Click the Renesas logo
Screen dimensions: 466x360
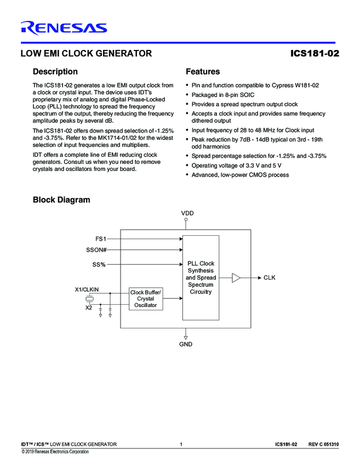click(x=64, y=28)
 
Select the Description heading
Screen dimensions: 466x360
click(x=55, y=72)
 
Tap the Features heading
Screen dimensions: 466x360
click(x=203, y=72)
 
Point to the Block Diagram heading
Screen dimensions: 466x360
click(x=61, y=200)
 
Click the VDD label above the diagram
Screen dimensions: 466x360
click(x=187, y=213)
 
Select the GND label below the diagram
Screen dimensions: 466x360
click(x=186, y=344)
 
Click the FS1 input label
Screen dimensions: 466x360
click(x=101, y=239)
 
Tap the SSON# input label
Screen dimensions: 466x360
click(x=96, y=251)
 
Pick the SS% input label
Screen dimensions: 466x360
click(x=99, y=265)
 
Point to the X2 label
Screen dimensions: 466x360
click(x=89, y=308)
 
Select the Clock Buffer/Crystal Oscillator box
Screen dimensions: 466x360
click(x=146, y=299)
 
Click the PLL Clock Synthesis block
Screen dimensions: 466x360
click(x=201, y=277)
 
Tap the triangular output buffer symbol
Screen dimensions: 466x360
click(x=236, y=278)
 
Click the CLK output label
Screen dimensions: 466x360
click(x=269, y=278)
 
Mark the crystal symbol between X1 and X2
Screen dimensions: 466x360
click(x=90, y=299)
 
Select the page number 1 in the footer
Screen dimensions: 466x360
click(x=180, y=444)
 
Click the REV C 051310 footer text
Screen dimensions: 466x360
click(x=323, y=444)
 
